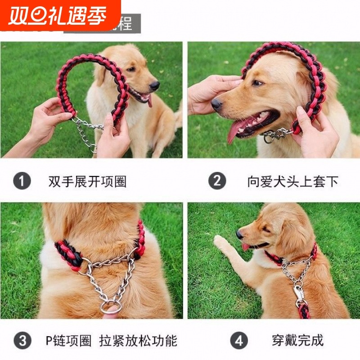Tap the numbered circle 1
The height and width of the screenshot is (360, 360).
click(x=22, y=181)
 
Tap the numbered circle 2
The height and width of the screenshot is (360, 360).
click(x=217, y=181)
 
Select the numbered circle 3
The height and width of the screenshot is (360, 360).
click(x=22, y=340)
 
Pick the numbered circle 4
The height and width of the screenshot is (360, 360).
click(x=239, y=340)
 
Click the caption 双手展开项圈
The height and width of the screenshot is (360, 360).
click(x=87, y=181)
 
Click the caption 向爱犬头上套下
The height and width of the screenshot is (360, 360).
click(x=292, y=181)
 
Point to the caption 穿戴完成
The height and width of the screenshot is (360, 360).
click(x=297, y=340)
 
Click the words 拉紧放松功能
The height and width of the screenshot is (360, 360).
click(x=138, y=340)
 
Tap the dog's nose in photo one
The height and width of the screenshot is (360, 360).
click(x=155, y=85)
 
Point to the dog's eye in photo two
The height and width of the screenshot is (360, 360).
click(x=257, y=83)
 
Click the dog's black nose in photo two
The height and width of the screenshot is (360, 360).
click(x=217, y=104)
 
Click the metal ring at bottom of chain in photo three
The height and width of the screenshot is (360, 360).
click(x=110, y=308)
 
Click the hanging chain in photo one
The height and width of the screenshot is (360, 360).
click(x=85, y=133)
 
